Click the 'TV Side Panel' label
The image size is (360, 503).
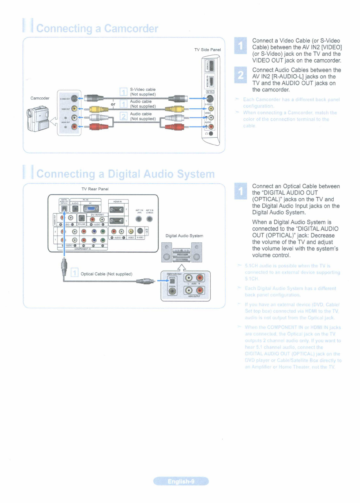click(x=207, y=50)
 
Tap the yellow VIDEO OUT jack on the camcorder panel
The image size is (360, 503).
click(x=74, y=108)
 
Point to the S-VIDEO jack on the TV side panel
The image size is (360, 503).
click(x=210, y=99)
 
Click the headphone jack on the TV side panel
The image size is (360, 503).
click(x=211, y=134)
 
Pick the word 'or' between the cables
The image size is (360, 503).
click(x=113, y=104)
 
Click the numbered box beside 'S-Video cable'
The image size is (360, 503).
click(x=124, y=92)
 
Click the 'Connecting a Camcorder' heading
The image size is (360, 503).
click(x=97, y=29)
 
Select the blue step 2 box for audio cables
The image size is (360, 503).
click(x=240, y=75)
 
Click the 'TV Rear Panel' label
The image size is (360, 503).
click(x=95, y=189)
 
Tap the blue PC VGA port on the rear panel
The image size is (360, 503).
click(x=91, y=209)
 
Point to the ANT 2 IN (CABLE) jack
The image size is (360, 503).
click(x=149, y=219)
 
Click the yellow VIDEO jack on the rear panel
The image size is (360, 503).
click(x=131, y=231)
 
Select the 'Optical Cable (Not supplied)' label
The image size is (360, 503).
click(x=106, y=274)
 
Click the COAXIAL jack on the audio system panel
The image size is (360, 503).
click(x=172, y=291)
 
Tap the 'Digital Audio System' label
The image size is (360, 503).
click(x=184, y=236)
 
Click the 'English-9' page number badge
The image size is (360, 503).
click(x=181, y=481)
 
